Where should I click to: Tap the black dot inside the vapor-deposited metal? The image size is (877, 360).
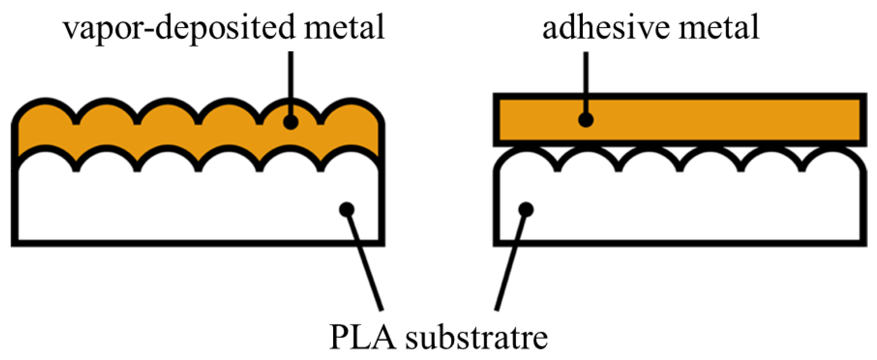(x=291, y=122)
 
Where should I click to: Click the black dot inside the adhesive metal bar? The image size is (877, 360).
(x=586, y=120)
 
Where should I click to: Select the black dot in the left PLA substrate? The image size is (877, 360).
(x=346, y=209)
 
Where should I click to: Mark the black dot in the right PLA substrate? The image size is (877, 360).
(x=526, y=210)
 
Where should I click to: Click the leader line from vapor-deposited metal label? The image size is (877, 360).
(x=291, y=81)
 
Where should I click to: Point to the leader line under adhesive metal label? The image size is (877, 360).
(x=586, y=81)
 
